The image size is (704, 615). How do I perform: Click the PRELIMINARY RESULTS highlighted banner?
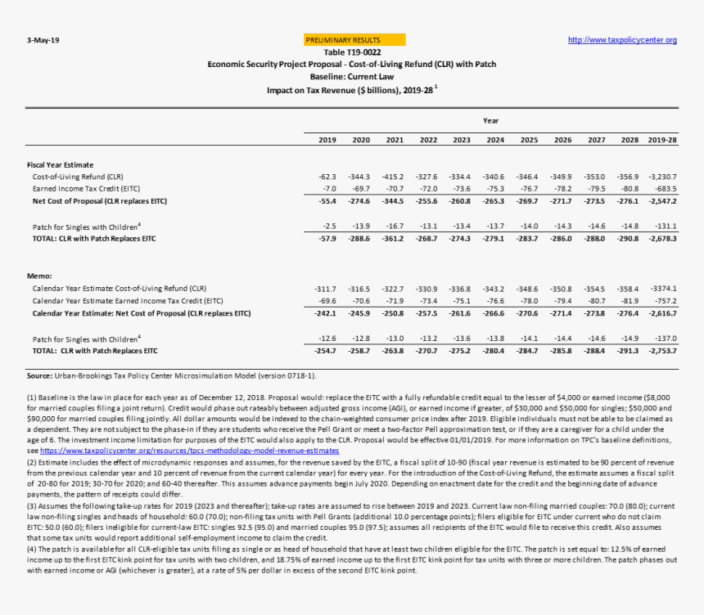[x=354, y=39]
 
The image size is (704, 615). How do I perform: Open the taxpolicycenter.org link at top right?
[x=622, y=40]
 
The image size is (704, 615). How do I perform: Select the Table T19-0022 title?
[x=352, y=52]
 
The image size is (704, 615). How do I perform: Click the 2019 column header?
[x=327, y=140]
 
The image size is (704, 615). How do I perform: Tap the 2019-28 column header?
[x=662, y=140]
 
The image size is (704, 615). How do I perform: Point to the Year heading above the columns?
[x=490, y=121]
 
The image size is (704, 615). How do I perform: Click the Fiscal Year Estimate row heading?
[x=61, y=164]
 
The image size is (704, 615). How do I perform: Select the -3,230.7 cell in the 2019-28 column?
[x=661, y=176]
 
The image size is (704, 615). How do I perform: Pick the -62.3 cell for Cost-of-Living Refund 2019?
[x=327, y=176]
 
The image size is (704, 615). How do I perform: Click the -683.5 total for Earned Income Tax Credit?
[x=664, y=188]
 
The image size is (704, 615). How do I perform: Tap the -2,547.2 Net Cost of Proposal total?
[x=661, y=200]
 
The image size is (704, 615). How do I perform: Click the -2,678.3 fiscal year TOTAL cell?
[x=661, y=238]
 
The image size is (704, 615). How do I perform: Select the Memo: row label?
[x=39, y=276]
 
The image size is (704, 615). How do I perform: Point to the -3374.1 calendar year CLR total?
[x=663, y=289]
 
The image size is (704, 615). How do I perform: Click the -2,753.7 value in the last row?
[x=661, y=351]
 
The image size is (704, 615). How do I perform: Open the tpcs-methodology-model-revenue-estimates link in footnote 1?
[x=189, y=451]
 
